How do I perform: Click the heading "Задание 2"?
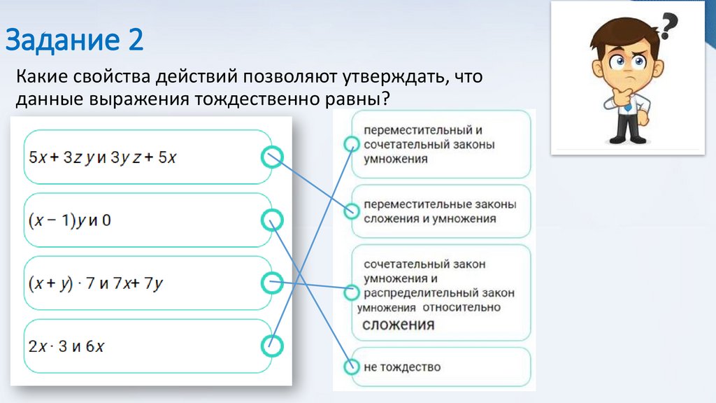point(75,40)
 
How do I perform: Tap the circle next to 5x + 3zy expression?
point(271,157)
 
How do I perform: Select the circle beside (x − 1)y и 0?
point(271,220)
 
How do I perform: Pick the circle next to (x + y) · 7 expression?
point(271,283)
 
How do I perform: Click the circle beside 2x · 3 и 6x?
point(271,345)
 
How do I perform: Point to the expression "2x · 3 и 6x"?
point(66,346)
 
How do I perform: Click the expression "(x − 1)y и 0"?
point(70,220)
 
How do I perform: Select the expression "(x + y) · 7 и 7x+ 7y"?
point(95,283)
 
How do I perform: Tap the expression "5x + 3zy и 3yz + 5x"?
point(102,157)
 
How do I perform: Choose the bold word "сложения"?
point(398,325)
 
